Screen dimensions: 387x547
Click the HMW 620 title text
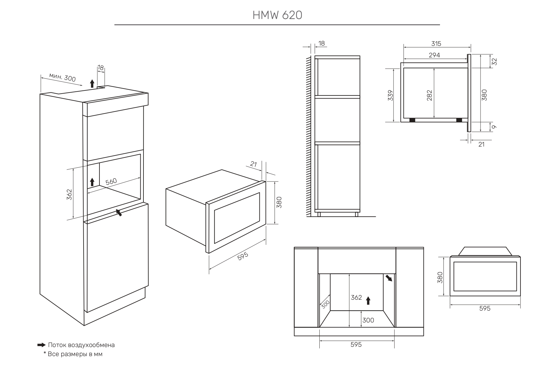277,15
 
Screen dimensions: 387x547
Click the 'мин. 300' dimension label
62,77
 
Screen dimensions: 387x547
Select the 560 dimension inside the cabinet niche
111,181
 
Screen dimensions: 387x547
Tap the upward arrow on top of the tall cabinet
92,83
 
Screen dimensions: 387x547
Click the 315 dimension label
436,44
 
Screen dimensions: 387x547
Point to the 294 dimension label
434,55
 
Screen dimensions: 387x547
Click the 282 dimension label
429,95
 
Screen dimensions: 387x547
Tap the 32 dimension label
494,61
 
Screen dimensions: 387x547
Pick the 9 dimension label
494,127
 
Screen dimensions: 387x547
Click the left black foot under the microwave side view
412,120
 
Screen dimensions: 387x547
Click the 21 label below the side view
482,144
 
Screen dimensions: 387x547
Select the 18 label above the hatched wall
322,43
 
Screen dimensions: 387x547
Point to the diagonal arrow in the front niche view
389,278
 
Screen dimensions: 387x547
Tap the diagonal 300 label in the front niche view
325,304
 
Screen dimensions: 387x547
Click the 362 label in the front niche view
356,298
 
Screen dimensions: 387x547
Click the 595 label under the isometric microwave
243,256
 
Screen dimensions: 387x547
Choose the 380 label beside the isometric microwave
279,202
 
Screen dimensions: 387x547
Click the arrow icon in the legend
41,345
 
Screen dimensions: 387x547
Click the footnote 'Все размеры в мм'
75,354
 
